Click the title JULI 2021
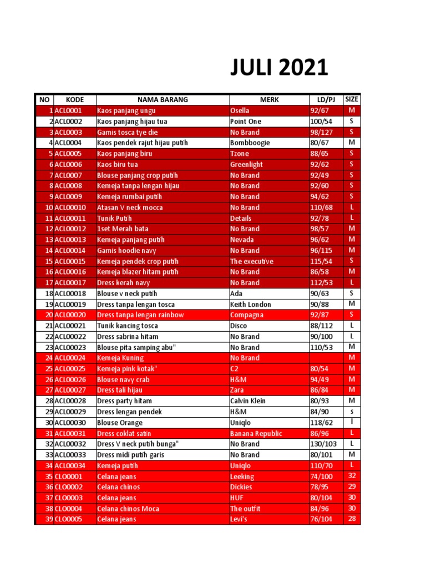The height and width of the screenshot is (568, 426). pyautogui.click(x=279, y=68)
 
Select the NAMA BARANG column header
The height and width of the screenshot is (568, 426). pyautogui.click(x=163, y=100)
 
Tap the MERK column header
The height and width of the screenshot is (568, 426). pyautogui.click(x=270, y=100)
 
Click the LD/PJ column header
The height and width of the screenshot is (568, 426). pyautogui.click(x=326, y=100)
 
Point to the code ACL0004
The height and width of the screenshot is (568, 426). pyautogui.click(x=68, y=143)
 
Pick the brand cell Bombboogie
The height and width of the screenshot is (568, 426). pyautogui.click(x=250, y=143)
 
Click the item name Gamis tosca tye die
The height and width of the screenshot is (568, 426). pyautogui.click(x=128, y=132)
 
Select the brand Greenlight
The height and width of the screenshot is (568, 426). pyautogui.click(x=247, y=165)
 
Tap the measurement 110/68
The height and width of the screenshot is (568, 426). pyautogui.click(x=321, y=207)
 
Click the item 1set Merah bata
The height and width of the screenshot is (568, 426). pyautogui.click(x=123, y=229)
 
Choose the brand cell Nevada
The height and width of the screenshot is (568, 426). pyautogui.click(x=242, y=240)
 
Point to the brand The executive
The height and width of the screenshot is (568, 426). pyautogui.click(x=252, y=261)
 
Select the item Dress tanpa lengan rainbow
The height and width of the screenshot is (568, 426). pyautogui.click(x=140, y=315)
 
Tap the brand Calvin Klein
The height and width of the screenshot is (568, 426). pyautogui.click(x=248, y=401)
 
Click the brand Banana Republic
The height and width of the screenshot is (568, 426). pyautogui.click(x=256, y=433)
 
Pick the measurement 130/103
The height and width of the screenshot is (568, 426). pyautogui.click(x=323, y=444)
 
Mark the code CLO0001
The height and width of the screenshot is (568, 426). pyautogui.click(x=68, y=476)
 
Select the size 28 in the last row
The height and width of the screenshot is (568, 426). pyautogui.click(x=352, y=519)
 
